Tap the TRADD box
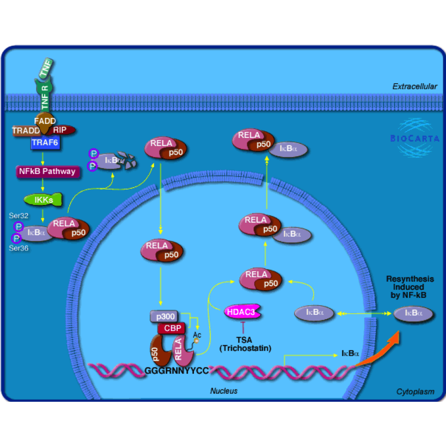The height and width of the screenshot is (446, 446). (x=26, y=131)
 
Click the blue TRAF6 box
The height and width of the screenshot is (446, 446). (x=45, y=143)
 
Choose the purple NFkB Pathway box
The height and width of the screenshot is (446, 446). (x=47, y=171)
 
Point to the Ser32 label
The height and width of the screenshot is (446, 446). (x=19, y=216)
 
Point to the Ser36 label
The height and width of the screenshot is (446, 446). (x=19, y=248)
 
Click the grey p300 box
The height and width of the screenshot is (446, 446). (x=165, y=316)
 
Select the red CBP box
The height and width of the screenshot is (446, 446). (x=172, y=328)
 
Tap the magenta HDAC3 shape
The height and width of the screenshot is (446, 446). (x=242, y=312)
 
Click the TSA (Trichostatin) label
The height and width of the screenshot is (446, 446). (x=245, y=344)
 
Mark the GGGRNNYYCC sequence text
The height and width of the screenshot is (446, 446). (x=177, y=371)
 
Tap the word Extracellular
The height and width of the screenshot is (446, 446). (x=415, y=87)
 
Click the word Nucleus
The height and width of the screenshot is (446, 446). (x=224, y=391)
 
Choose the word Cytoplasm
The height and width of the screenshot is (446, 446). (x=415, y=392)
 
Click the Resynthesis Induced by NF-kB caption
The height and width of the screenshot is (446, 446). (x=409, y=287)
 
